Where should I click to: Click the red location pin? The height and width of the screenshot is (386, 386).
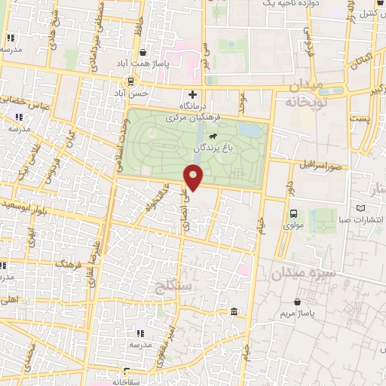click(x=194, y=178)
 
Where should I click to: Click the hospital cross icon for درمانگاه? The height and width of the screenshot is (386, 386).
click(x=193, y=94)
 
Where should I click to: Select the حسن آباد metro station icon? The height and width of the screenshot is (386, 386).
click(x=131, y=82)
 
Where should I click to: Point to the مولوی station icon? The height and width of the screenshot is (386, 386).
click(x=293, y=213)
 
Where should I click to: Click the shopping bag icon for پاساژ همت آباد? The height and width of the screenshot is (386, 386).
click(x=142, y=53)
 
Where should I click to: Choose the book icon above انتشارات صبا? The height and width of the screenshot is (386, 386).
click(x=360, y=208)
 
